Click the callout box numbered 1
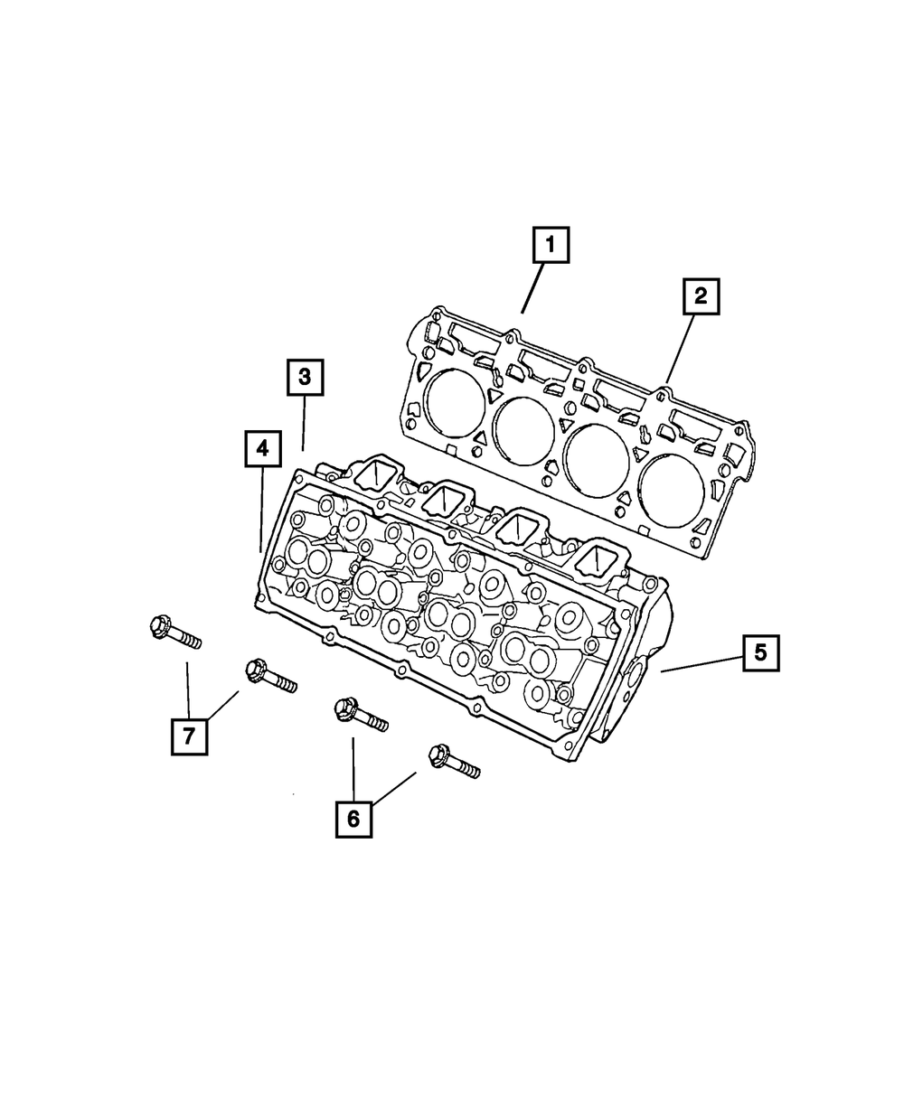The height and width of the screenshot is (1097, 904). [551, 246]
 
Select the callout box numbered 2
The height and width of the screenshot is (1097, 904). [702, 297]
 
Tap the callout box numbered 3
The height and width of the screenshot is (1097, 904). [306, 379]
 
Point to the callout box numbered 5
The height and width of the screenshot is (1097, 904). [760, 652]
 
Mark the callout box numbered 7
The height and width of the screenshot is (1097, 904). [189, 736]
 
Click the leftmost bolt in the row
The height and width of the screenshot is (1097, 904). [172, 632]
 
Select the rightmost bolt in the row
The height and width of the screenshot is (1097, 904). [453, 761]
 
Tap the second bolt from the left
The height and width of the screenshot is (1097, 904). [269, 676]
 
